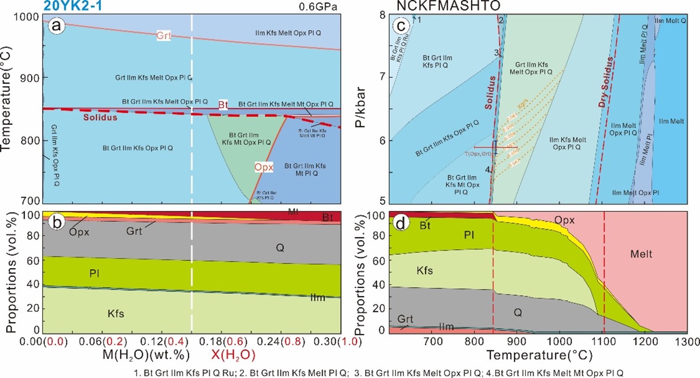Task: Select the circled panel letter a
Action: pos(55,25)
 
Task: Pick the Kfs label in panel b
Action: pos(115,313)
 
